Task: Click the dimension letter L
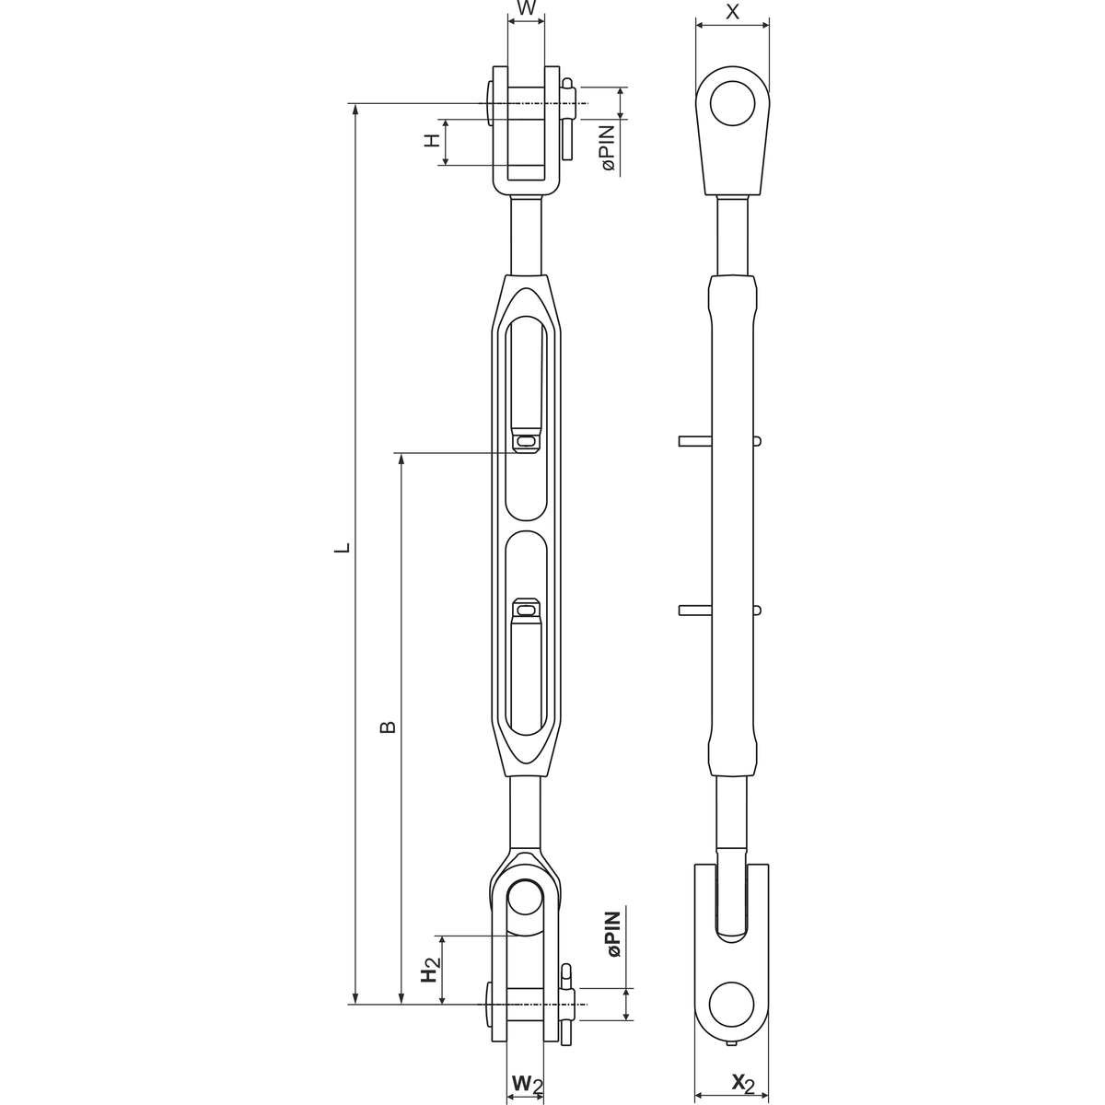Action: pos(343,547)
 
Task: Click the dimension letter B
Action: pos(389,727)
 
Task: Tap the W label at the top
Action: pos(527,8)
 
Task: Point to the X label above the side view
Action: pos(732,11)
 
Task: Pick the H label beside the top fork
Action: pos(433,140)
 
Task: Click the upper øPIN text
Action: pos(608,148)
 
